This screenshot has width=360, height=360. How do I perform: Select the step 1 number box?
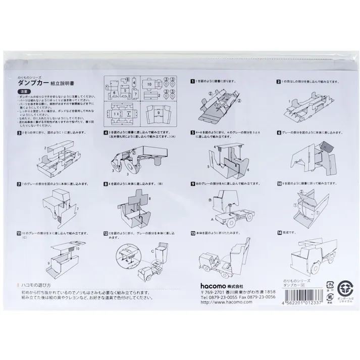click(x=192, y=81)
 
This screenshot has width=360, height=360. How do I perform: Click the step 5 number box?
click(x=192, y=132)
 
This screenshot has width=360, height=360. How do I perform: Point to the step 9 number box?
click(x=192, y=183)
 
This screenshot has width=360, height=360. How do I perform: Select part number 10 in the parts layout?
click(x=150, y=84)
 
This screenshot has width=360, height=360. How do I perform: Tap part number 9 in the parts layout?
click(x=157, y=108)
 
